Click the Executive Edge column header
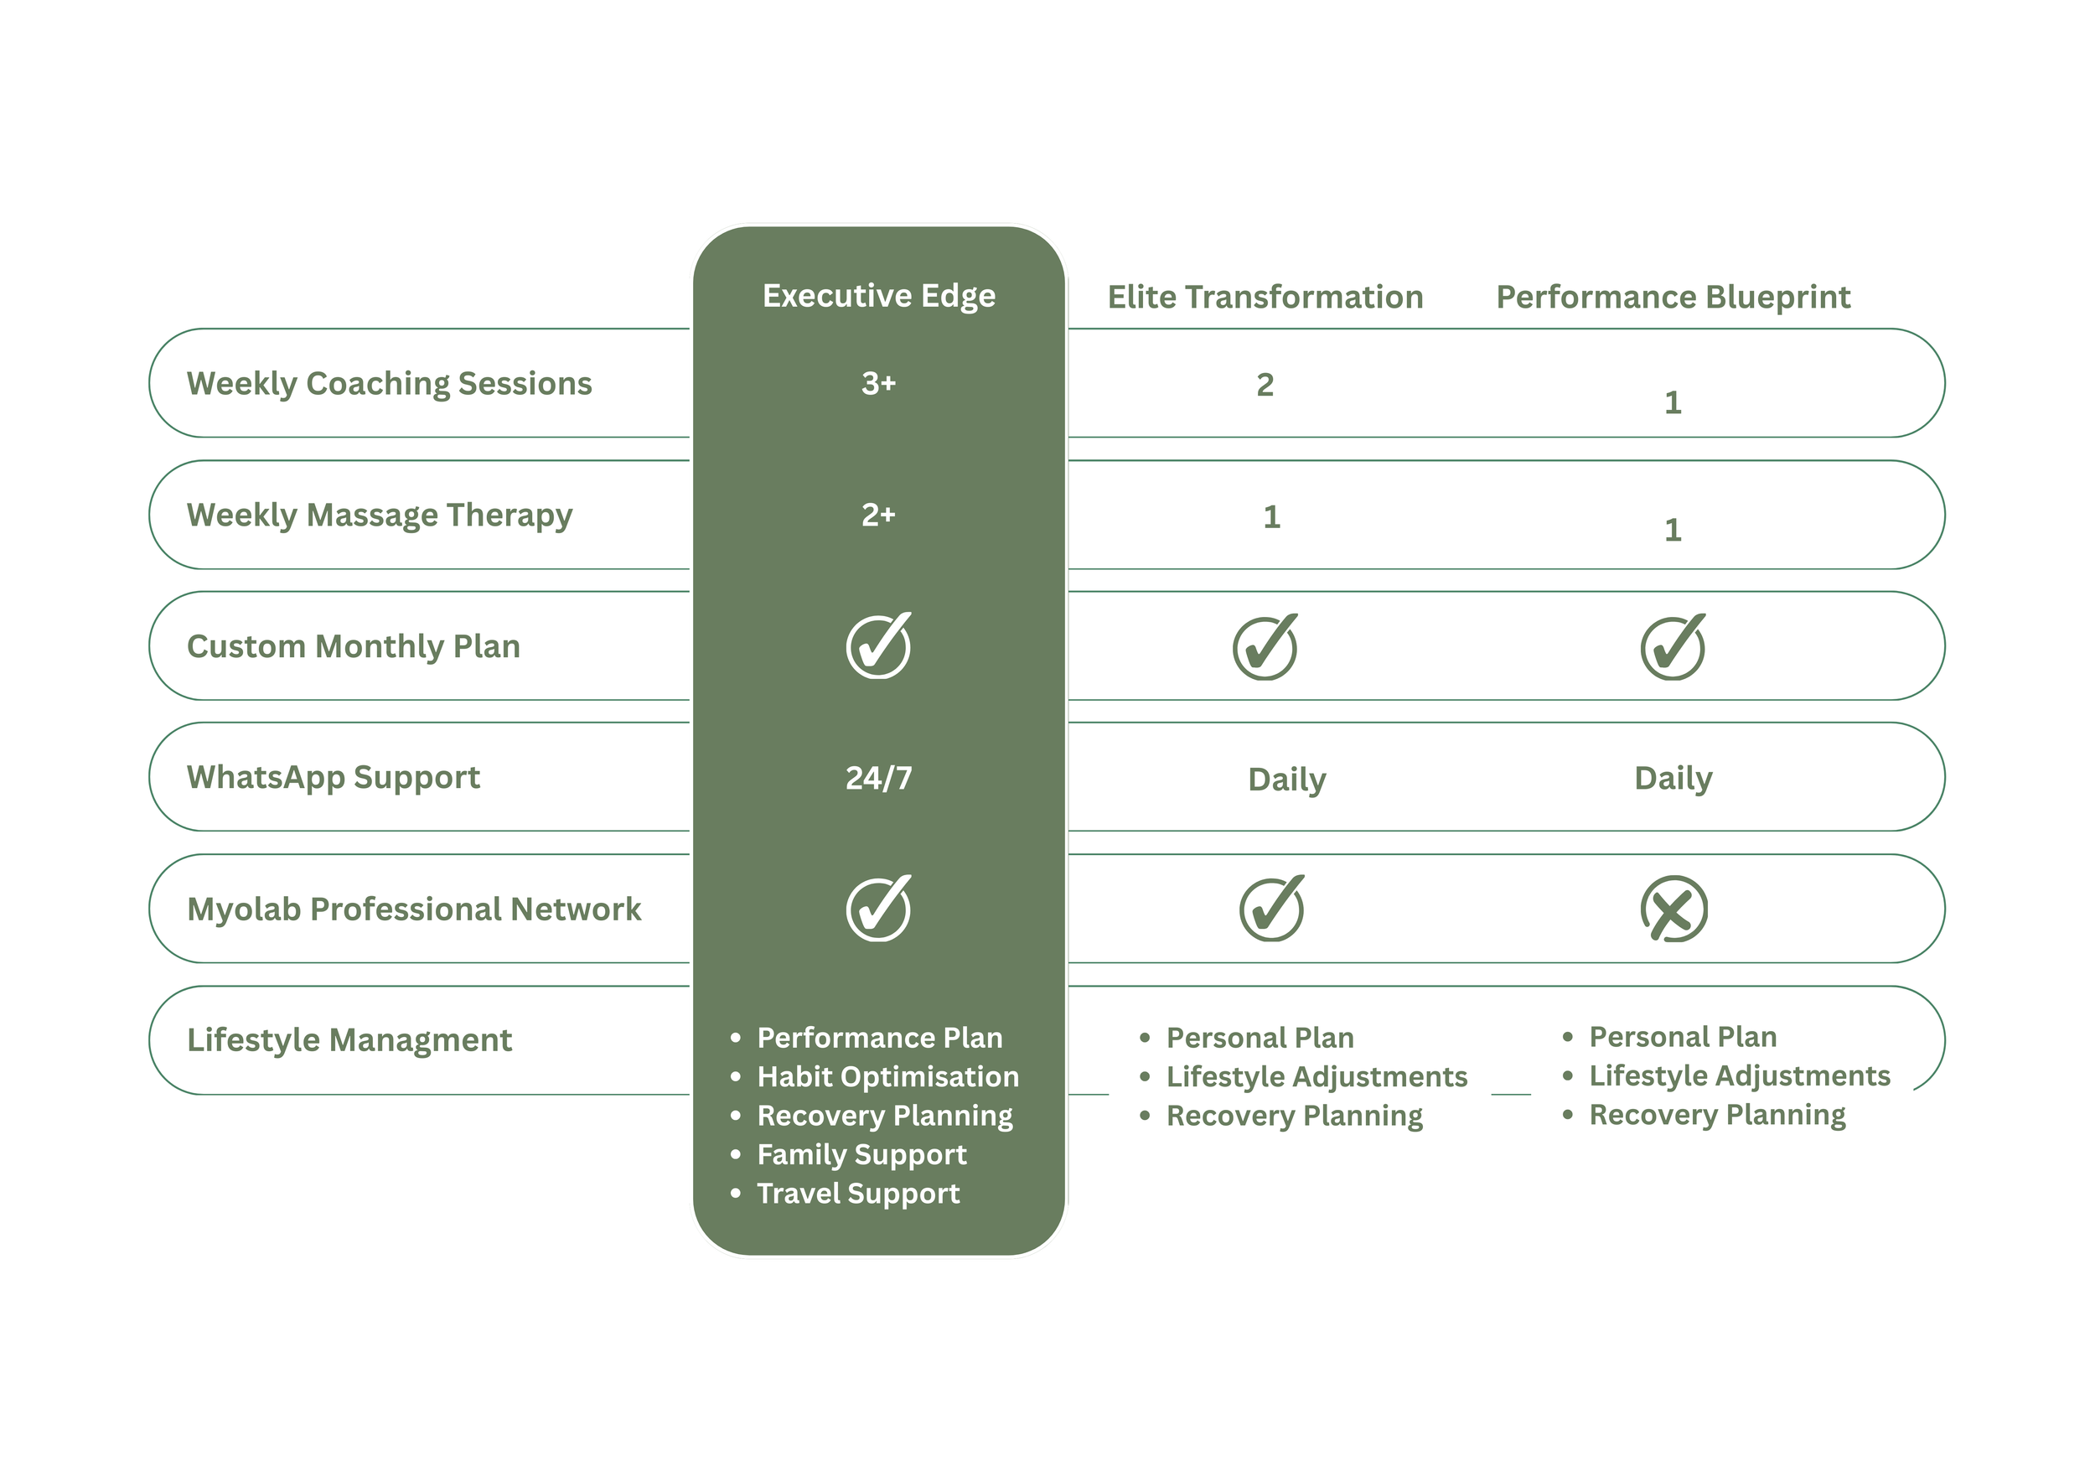(879, 296)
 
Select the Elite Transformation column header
(1265, 298)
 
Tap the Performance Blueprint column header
(1673, 298)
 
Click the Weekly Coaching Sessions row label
(389, 383)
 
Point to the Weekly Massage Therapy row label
(380, 515)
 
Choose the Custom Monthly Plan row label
(353, 646)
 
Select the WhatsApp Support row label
(333, 778)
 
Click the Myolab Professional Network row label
(413, 909)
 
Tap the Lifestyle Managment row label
(349, 1040)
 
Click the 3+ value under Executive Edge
(879, 383)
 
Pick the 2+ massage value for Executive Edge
(879, 515)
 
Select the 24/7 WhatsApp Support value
(879, 778)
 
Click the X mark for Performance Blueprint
(1673, 909)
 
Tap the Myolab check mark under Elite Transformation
(1271, 909)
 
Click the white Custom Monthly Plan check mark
(879, 646)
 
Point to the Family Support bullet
(861, 1154)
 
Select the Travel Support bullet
(858, 1194)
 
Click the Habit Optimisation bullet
(887, 1077)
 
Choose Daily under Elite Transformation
(1286, 780)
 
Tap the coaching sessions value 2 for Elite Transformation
(1265, 385)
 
